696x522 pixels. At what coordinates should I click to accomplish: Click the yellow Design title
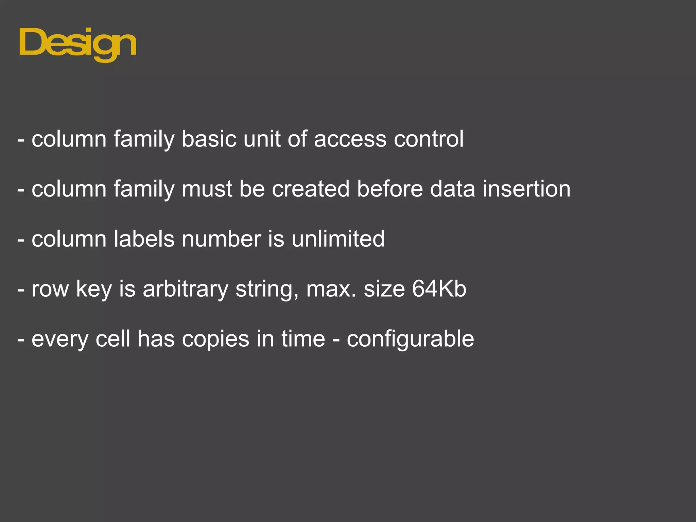click(x=78, y=44)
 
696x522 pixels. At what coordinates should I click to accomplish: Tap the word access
click(x=350, y=139)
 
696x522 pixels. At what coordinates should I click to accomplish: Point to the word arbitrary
click(x=185, y=289)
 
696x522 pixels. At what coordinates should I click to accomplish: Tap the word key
click(x=94, y=289)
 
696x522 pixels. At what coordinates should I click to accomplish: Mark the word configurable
click(x=410, y=339)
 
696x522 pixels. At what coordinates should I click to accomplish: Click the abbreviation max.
click(x=331, y=289)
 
